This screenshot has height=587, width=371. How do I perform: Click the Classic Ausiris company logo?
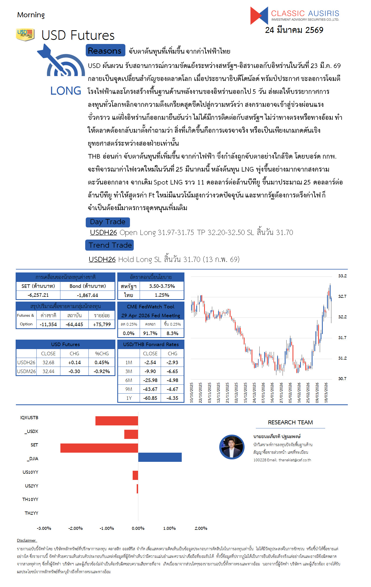[294, 15]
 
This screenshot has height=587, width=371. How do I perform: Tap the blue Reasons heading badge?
[105, 50]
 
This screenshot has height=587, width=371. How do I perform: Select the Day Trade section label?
[108, 222]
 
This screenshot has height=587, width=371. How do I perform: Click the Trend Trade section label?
[109, 245]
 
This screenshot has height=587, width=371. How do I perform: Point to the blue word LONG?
[66, 91]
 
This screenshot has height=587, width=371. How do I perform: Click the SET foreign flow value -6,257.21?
[38, 295]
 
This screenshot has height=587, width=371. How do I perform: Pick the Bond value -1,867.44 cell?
[87, 295]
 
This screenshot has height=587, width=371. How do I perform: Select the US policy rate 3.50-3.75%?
[162, 286]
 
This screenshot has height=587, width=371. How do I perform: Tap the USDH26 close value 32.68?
[48, 362]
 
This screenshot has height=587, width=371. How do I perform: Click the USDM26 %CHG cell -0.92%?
[102, 371]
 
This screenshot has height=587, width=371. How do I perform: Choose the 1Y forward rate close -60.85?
[150, 398]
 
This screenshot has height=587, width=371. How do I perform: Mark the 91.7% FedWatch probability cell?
[150, 333]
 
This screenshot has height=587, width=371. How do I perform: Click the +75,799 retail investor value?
[102, 324]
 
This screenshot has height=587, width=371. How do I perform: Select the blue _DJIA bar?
[160, 457]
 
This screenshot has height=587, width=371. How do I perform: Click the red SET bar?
[99, 448]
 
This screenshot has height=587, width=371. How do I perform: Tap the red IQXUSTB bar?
[116, 421]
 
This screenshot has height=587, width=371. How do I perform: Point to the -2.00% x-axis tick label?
[75, 528]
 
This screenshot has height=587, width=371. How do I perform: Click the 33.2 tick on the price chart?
[342, 276]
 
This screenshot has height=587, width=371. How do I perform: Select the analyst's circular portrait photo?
[232, 447]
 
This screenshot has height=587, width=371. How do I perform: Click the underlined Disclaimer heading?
[26, 540]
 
